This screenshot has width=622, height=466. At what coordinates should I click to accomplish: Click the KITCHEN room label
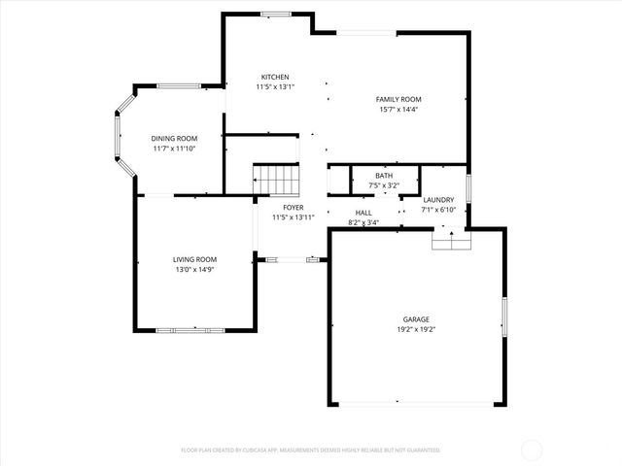click(x=274, y=78)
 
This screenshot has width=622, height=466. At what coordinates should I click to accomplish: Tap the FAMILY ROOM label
click(x=398, y=99)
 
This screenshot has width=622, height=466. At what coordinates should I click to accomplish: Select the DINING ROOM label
click(x=174, y=139)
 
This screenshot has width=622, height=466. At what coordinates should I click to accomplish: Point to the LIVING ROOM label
click(x=194, y=259)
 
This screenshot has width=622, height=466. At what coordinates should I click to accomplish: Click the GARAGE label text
click(x=416, y=319)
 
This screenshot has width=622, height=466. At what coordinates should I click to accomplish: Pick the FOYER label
click(x=293, y=208)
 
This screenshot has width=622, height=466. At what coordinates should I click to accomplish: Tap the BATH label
click(x=385, y=175)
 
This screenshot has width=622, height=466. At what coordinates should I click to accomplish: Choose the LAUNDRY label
click(x=438, y=200)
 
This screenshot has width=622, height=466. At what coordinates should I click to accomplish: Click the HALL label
click(x=363, y=213)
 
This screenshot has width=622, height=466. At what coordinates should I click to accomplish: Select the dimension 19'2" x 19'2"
click(x=416, y=330)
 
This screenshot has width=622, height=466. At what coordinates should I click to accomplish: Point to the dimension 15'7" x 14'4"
click(x=398, y=110)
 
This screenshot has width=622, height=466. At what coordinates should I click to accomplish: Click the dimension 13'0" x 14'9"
click(x=194, y=270)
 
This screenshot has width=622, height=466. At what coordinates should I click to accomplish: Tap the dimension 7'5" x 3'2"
click(x=385, y=184)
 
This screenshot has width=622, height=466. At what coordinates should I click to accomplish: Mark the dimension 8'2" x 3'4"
click(x=363, y=222)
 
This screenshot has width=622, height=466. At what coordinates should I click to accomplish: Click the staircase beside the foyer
click(x=275, y=180)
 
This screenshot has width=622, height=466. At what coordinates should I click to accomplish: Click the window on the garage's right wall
click(x=503, y=316)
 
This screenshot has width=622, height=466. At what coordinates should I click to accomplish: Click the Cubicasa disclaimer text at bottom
click(x=310, y=450)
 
